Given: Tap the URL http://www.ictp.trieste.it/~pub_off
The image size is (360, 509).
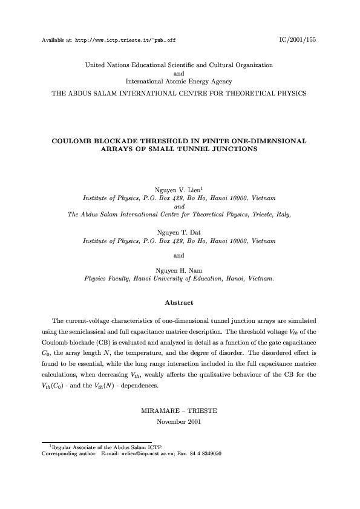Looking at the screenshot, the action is [x=125, y=40].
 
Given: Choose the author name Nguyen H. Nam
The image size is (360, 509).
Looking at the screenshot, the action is [x=180, y=270].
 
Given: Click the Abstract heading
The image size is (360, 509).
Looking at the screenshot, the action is [x=179, y=300].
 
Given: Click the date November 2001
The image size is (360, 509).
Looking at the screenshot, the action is [x=180, y=420].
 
